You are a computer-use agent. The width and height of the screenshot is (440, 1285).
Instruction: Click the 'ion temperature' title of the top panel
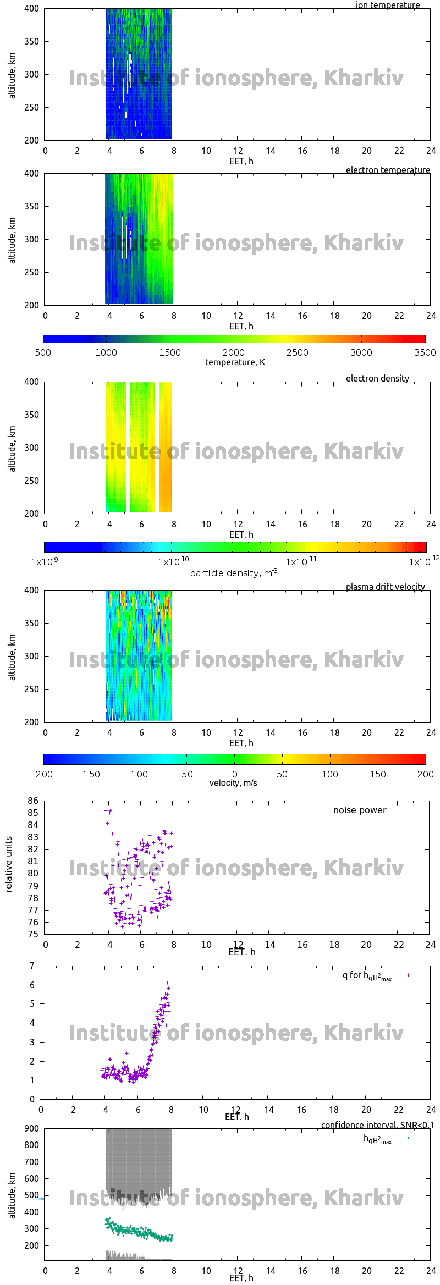[x=387, y=5]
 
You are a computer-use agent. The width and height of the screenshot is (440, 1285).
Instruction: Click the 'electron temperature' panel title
[x=388, y=170]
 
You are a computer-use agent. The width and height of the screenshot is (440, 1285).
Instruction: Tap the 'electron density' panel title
[x=377, y=378]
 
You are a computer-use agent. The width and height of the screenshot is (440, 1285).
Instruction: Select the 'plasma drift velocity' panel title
[x=385, y=587]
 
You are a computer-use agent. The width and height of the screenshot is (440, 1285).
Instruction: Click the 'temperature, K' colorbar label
[x=235, y=362]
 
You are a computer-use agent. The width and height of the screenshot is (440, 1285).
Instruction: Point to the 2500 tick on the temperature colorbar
[x=297, y=352]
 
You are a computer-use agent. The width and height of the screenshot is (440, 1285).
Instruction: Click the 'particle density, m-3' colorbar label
[x=234, y=573]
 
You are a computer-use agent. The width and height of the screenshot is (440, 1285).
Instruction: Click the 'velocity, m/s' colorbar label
[x=233, y=782]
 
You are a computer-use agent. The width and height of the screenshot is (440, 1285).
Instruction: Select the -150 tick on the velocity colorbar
[x=90, y=774]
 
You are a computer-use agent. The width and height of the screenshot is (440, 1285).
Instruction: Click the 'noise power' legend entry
[x=360, y=810]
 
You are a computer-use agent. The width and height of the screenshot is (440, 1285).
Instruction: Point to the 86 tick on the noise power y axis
[x=33, y=801]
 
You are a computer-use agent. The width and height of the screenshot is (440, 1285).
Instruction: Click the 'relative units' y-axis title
[x=9, y=864]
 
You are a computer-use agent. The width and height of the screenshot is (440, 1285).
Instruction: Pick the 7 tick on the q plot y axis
[x=32, y=966]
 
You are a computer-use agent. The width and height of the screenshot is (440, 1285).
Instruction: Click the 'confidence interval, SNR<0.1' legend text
[x=377, y=1125]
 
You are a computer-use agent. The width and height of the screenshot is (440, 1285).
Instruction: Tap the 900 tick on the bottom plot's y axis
[x=32, y=1128]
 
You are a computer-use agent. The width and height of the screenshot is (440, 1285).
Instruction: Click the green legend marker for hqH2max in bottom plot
[x=408, y=1138]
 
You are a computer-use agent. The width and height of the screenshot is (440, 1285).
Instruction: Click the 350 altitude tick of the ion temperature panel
[x=32, y=41]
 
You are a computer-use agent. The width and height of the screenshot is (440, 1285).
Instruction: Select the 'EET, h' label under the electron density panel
[x=241, y=534]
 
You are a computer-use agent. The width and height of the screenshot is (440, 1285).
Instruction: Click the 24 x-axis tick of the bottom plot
[x=431, y=1271]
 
